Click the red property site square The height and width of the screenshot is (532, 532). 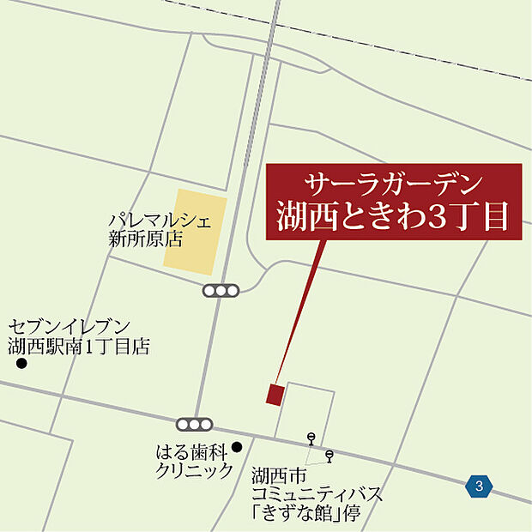coord(275,394)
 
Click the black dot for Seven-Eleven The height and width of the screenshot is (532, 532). coord(21,364)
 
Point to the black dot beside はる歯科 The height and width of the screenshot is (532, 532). coord(237,446)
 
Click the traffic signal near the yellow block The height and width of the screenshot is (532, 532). coord(221,291)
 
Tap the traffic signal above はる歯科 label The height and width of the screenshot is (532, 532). coord(194,424)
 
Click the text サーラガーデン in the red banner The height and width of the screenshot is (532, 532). coord(394,183)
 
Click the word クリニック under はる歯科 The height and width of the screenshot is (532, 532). coord(194,469)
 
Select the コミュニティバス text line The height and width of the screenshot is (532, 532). coord(317,495)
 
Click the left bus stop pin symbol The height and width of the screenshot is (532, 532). coord(311,438)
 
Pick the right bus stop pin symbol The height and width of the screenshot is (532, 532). coord(329,454)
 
